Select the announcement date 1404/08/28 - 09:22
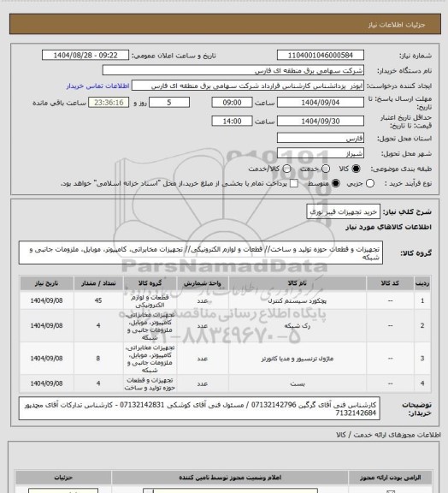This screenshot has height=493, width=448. pyautogui.click(x=85, y=53)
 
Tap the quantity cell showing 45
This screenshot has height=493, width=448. pyautogui.click(x=99, y=300)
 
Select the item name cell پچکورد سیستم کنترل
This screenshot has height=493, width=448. pyautogui.click(x=281, y=300)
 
